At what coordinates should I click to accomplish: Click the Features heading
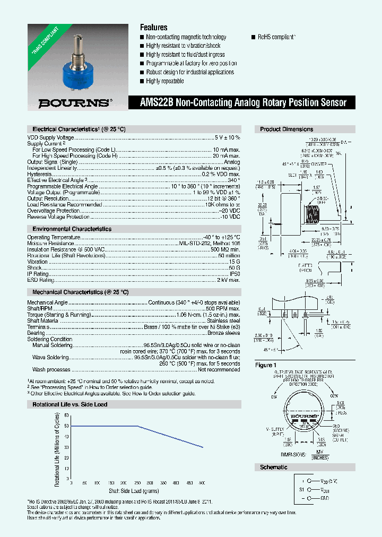coord(153,27)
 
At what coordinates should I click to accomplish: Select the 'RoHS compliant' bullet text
coord(276,37)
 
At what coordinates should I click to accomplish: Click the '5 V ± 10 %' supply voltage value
coord(227,137)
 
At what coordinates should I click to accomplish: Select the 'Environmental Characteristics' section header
coord(70,229)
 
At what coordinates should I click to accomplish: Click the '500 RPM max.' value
coord(223,308)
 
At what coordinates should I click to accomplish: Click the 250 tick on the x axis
coord(137,482)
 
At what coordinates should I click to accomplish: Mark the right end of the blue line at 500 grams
coord(202,447)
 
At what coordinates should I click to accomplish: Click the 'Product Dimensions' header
coord(286,129)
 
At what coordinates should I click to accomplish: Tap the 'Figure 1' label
coord(266,365)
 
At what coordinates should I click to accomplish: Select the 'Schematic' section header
coord(274,467)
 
